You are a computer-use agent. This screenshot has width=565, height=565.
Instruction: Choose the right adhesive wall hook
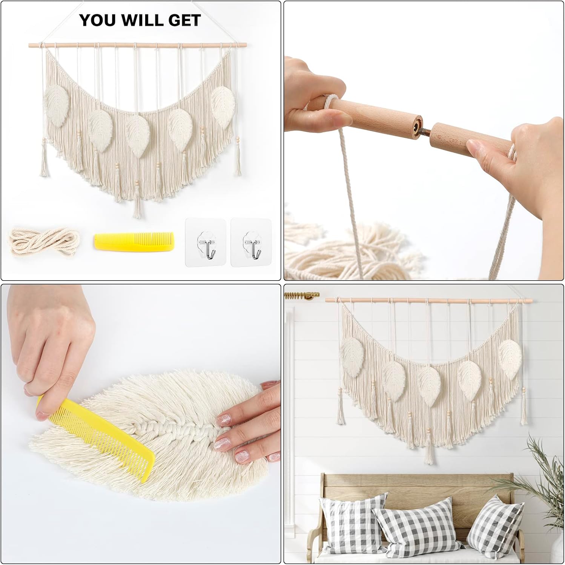point(251,243)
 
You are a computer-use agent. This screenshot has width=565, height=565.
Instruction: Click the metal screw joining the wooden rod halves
point(424,131)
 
